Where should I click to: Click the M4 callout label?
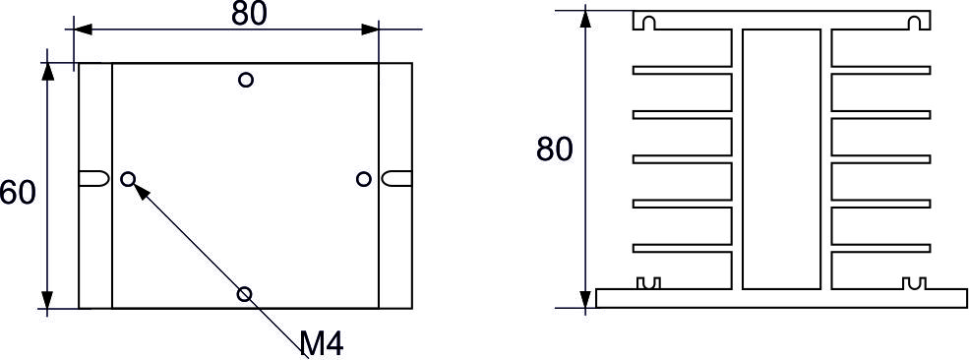click(322, 344)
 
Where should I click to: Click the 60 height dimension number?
click(18, 193)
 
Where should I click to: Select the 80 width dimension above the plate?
click(250, 14)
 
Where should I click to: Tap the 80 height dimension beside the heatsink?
click(555, 150)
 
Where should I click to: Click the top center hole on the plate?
click(246, 80)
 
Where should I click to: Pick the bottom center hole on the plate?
click(245, 294)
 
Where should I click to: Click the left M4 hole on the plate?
click(128, 179)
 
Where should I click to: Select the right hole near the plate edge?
click(364, 179)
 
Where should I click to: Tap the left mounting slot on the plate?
click(93, 178)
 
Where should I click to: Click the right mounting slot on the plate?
click(396, 178)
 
